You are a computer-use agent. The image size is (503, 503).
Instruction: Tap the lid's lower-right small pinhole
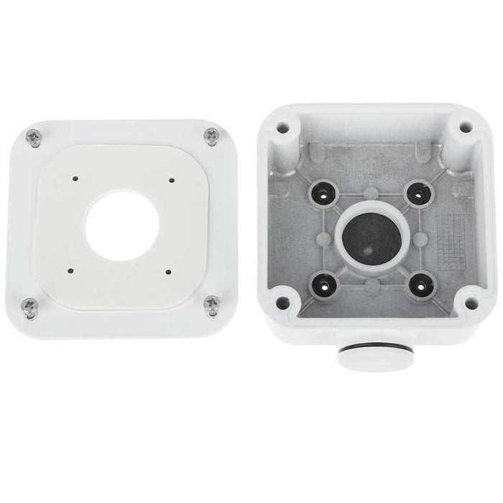pyautogui.click(x=167, y=271)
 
